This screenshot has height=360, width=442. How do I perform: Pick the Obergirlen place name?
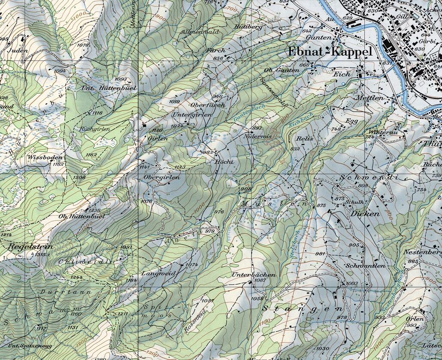161,177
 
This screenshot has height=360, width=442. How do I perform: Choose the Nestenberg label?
422,252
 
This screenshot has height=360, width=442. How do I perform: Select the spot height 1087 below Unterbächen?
260,280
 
